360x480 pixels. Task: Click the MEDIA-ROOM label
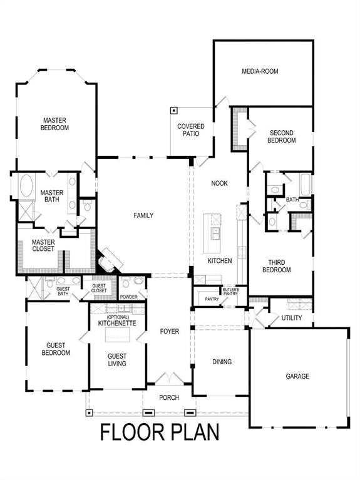coord(260,71)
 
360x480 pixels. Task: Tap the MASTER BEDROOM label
coord(55,124)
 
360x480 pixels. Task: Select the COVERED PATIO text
coord(191,130)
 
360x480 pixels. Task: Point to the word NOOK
coord(219,183)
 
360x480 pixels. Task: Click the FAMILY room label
coord(143,215)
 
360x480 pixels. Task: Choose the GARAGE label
coord(299,376)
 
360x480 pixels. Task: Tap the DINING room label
coord(222,362)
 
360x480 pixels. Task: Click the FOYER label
coord(169,332)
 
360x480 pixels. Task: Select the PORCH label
coord(169,397)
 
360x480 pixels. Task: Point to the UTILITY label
coord(292,318)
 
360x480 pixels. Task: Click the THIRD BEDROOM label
coord(280,266)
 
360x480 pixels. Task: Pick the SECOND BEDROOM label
coord(282,136)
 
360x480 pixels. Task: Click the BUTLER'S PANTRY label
coord(230,292)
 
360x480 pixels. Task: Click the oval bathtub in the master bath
coord(27,187)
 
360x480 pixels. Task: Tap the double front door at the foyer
coord(169,379)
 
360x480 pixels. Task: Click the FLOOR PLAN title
coord(160,432)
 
